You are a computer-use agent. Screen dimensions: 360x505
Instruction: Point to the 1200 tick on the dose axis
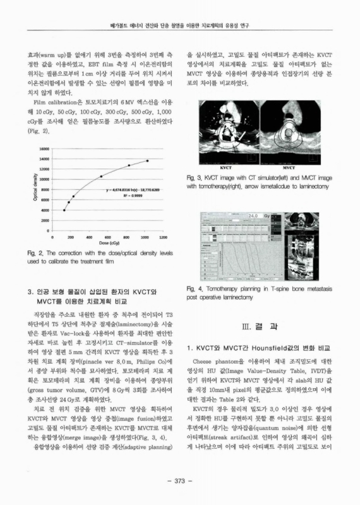[x=163, y=235]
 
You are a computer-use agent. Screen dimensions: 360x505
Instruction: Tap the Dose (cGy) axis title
[x=105, y=242]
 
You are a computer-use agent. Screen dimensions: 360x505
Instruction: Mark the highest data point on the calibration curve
[x=147, y=161]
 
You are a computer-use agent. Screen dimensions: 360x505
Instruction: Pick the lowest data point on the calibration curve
[x=64, y=210]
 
